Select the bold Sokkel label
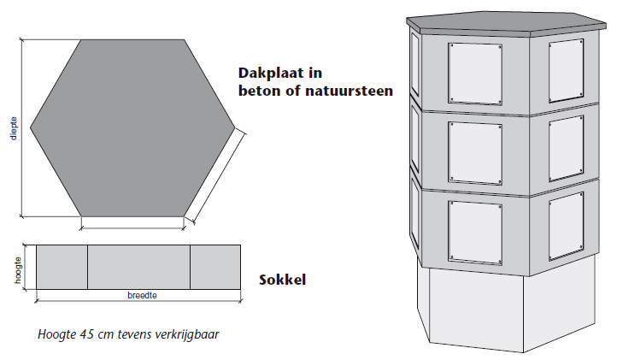tap(282, 279)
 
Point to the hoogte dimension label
tap(18, 267)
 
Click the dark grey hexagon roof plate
tap(132, 127)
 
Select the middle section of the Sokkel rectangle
tap(138, 267)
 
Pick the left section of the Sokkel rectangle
tap(62, 267)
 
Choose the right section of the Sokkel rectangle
tap(214, 267)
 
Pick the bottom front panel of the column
tap(474, 230)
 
